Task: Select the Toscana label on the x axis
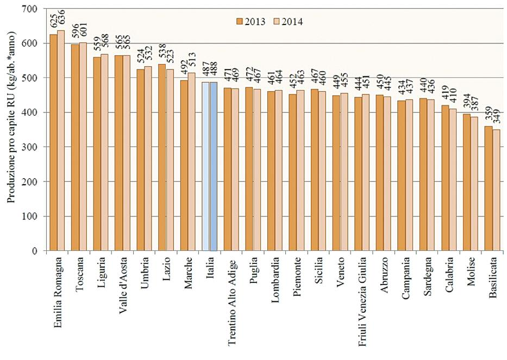coord(80,276)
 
